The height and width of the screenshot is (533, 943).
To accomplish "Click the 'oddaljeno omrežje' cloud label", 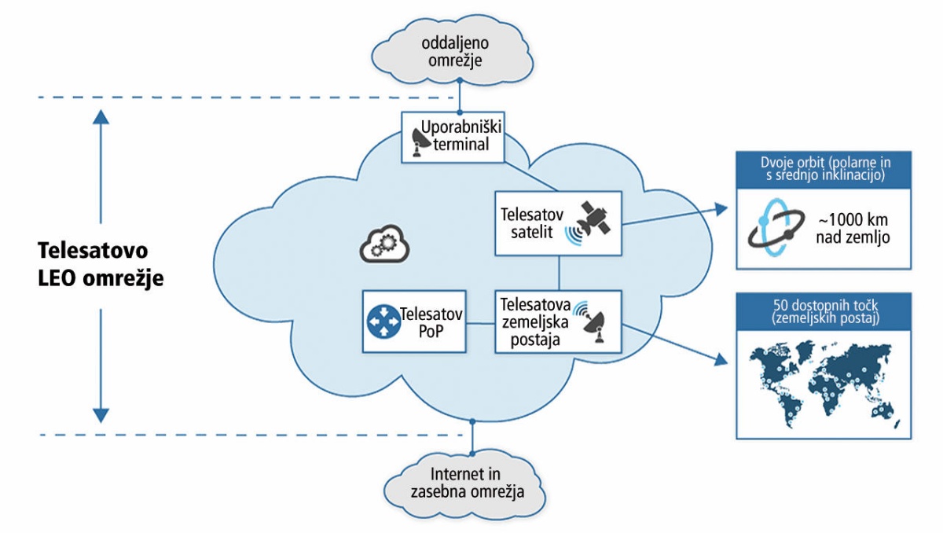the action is pyautogui.click(x=455, y=52).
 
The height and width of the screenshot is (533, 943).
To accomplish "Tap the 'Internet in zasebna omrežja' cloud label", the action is pyautogui.click(x=467, y=483).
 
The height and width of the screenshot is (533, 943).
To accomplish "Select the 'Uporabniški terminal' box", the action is pyautogui.click(x=453, y=137).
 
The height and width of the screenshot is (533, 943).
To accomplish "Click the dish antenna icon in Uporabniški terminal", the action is pyautogui.click(x=421, y=143).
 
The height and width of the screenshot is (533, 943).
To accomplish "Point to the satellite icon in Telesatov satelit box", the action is pyautogui.click(x=588, y=223).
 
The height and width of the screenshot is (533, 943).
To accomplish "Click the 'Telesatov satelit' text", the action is pyautogui.click(x=532, y=223).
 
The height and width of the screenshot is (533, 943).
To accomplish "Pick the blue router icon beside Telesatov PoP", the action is pyautogui.click(x=383, y=322).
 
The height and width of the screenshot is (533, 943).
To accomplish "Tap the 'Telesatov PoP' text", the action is pyautogui.click(x=431, y=322).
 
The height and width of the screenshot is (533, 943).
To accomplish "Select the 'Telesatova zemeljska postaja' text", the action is pyautogui.click(x=535, y=322).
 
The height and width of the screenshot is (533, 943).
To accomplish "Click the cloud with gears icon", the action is pyautogui.click(x=384, y=244).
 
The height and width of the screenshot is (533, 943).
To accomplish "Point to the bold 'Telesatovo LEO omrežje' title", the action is pyautogui.click(x=101, y=264).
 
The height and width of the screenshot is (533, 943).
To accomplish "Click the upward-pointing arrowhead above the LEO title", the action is pyautogui.click(x=101, y=117).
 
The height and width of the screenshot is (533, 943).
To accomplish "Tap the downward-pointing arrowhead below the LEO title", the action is pyautogui.click(x=101, y=416).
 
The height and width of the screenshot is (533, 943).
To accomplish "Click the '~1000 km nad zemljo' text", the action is pyautogui.click(x=853, y=228).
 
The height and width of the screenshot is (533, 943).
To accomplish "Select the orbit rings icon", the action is pyautogui.click(x=776, y=227).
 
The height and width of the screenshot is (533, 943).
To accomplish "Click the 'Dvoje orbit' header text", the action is pyautogui.click(x=825, y=168).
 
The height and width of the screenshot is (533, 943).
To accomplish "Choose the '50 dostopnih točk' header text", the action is pyautogui.click(x=825, y=311).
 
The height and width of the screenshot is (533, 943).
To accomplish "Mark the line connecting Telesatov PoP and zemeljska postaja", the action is pyautogui.click(x=480, y=323).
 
